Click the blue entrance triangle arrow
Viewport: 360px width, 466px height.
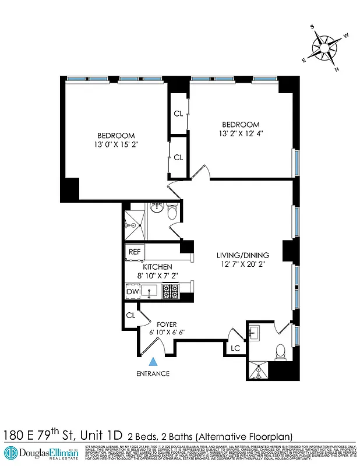pyautogui.click(x=153, y=362)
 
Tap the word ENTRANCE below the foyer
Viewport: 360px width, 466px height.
pyautogui.click(x=153, y=373)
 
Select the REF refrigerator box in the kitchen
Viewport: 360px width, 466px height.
pyautogui.click(x=135, y=252)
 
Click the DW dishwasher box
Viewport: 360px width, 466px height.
pyautogui.click(x=132, y=291)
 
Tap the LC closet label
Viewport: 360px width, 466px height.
pyautogui.click(x=236, y=348)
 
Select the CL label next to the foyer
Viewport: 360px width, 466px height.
pyautogui.click(x=130, y=315)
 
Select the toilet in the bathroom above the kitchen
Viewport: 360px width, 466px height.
pyautogui.click(x=171, y=214)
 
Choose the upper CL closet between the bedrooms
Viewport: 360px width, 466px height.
pyautogui.click(x=178, y=113)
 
